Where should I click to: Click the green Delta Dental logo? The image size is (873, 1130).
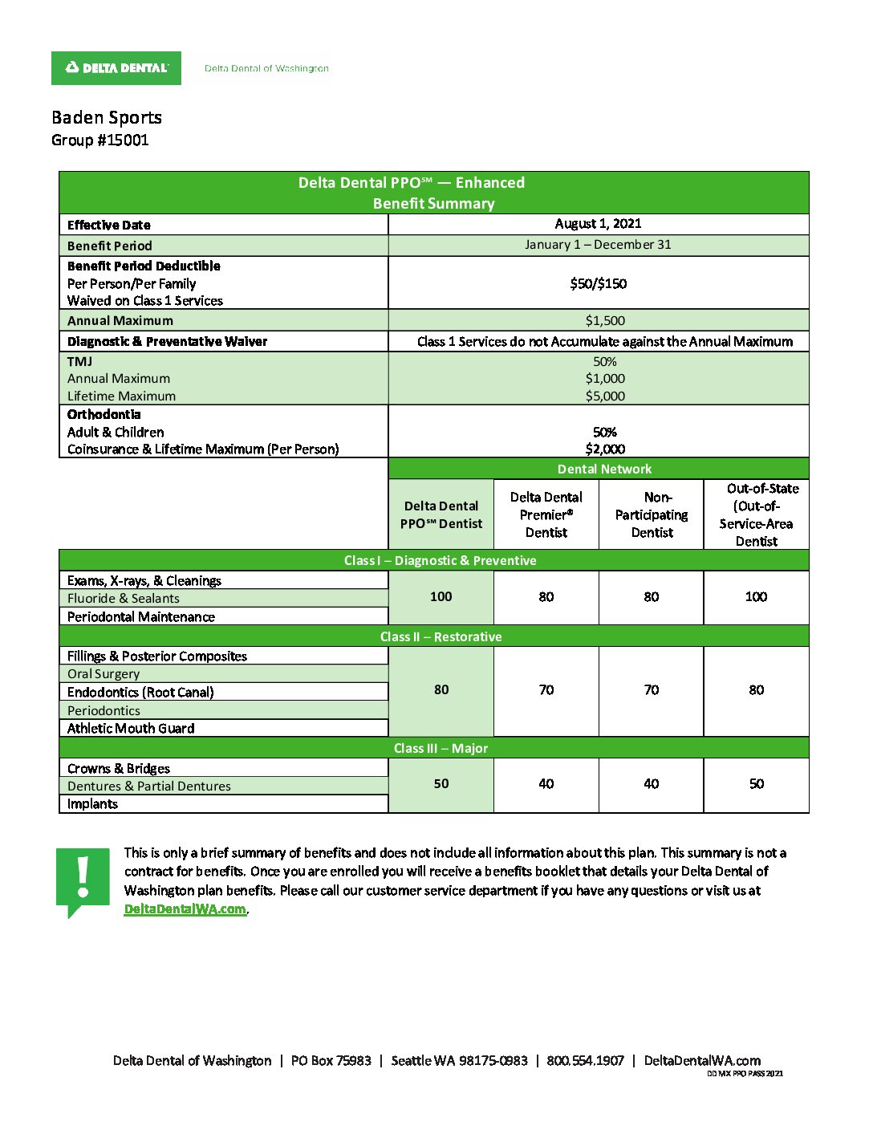click(x=116, y=68)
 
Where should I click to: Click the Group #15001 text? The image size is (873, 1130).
click(x=100, y=140)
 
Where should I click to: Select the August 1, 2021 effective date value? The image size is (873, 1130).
click(x=598, y=224)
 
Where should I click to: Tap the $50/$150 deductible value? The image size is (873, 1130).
click(x=598, y=283)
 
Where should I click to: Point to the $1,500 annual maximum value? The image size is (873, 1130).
click(x=605, y=320)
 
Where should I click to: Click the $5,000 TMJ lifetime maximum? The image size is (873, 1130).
click(x=605, y=396)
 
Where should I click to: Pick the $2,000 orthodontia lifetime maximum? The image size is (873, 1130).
click(x=605, y=449)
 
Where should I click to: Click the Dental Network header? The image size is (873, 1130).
click(x=604, y=469)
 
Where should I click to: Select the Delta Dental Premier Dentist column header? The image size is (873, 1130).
click(x=546, y=514)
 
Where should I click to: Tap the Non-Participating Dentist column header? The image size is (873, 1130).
click(x=652, y=514)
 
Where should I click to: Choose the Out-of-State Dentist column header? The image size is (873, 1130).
click(x=756, y=514)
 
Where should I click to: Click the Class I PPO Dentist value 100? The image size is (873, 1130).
click(x=441, y=596)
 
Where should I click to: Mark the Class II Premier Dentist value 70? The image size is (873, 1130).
click(x=546, y=689)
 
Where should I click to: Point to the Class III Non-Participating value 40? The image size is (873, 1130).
click(x=652, y=783)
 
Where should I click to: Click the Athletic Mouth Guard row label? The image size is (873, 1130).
click(x=131, y=728)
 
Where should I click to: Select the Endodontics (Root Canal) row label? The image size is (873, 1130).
click(x=140, y=692)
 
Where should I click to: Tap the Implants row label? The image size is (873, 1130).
click(x=92, y=803)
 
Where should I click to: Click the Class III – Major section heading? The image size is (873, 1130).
click(x=441, y=748)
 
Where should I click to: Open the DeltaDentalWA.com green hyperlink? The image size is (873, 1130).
click(x=185, y=908)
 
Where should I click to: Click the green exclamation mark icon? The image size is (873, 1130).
click(x=83, y=879)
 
